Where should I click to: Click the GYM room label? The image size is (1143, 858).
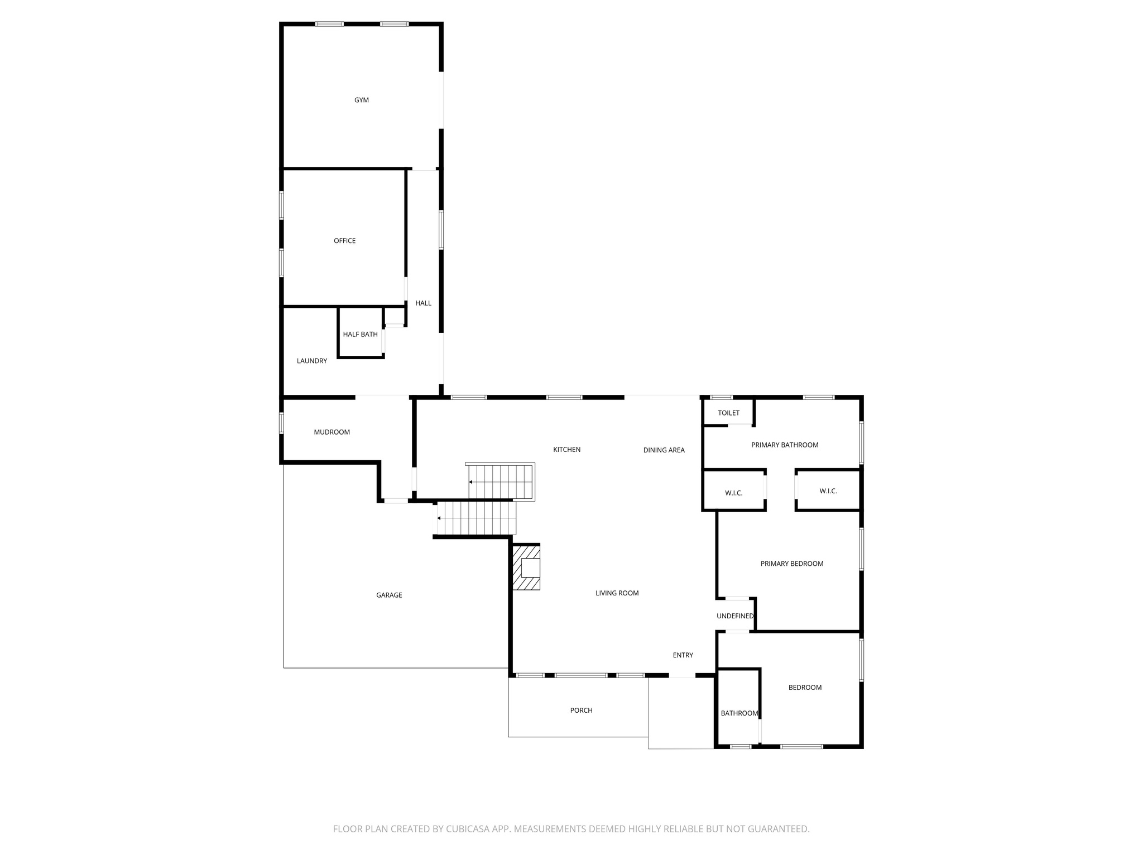coord(362,100)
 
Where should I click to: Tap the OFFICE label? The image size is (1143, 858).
coord(344,241)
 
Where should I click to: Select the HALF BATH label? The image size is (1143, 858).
coord(360,334)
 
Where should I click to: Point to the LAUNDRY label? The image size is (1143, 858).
coord(312,361)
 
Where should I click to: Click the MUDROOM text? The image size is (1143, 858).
coord(332,432)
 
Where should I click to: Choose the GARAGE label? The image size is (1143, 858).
coord(389,595)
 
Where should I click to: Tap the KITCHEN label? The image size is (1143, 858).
coord(566,449)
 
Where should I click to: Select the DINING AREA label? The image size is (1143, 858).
coord(664,450)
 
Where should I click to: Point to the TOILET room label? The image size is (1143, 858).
coord(728,413)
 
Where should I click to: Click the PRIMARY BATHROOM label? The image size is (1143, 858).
coord(785,445)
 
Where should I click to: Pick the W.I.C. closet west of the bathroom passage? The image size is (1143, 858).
coord(733,493)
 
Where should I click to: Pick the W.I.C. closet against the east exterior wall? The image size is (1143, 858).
coord(828,491)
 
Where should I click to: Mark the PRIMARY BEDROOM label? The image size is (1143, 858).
coord(791,564)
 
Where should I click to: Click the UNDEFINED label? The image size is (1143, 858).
coord(735,616)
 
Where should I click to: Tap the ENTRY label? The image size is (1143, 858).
coord(683,655)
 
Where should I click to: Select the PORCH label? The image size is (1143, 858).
coord(581,710)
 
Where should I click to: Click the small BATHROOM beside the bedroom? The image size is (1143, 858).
coord(739,713)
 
